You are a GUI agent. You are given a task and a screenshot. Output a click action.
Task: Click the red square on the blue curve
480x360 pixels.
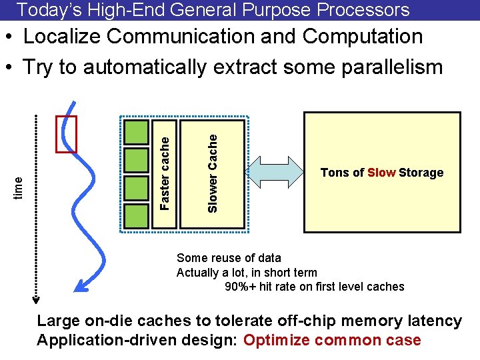67,134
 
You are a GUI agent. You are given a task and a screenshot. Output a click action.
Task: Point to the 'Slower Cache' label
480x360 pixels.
213,173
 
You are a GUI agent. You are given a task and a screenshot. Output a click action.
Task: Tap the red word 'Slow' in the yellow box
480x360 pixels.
381,173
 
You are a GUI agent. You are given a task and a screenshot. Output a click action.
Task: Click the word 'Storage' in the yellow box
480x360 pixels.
421,173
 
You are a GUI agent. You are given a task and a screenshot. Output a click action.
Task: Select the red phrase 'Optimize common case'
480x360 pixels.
332,340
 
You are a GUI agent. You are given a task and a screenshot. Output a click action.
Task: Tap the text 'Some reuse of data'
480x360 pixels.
229,257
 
